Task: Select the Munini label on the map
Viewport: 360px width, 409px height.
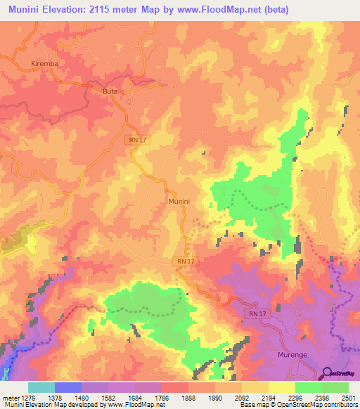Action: (179, 201)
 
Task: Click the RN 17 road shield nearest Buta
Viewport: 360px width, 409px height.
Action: (138, 141)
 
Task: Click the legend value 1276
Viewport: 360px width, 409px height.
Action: (28, 398)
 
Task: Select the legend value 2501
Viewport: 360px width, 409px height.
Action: (349, 398)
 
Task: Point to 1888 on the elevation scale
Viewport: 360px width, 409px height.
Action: (188, 398)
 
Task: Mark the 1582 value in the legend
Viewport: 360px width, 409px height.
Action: (108, 398)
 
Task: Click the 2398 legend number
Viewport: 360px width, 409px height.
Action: (323, 398)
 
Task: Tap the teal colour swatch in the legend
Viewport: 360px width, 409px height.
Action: (41, 387)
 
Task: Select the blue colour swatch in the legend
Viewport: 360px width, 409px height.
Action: (68, 387)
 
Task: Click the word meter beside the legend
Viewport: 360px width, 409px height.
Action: (10, 398)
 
